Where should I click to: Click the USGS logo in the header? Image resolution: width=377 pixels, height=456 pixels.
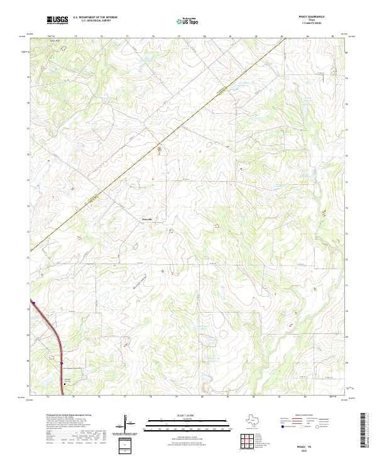(57, 20)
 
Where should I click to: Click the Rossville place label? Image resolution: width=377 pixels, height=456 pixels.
(145, 219)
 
